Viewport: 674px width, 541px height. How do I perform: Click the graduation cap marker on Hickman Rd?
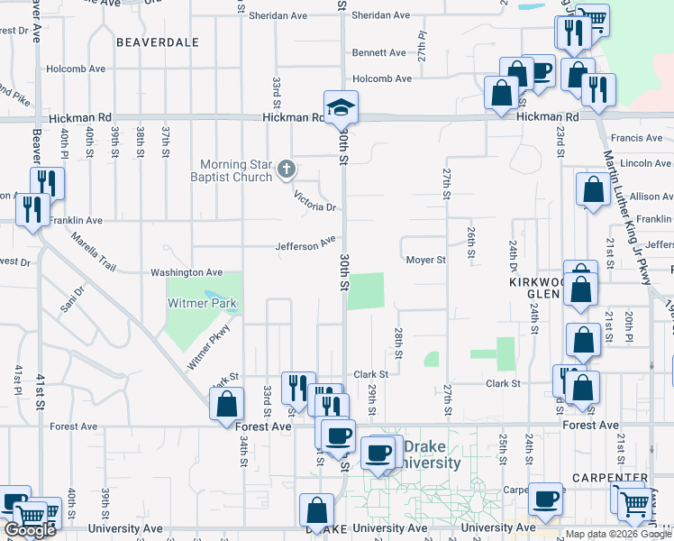coord(342,107)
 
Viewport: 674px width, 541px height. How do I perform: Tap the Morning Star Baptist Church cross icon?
coord(287,169)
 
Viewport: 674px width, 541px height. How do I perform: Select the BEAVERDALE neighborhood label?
coord(158,41)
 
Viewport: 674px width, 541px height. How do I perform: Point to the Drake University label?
coord(432,455)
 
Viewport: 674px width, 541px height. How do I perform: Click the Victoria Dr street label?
coord(314,201)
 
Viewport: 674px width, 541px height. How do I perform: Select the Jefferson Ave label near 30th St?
coord(305,244)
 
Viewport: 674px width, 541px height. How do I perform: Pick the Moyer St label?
coord(425,261)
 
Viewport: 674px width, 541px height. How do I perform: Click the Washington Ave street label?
coord(186,271)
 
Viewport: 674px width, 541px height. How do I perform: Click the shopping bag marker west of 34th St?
coord(226,405)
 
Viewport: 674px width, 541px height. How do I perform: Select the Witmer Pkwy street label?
coord(210,345)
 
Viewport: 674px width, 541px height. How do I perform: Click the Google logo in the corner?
coord(29,530)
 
